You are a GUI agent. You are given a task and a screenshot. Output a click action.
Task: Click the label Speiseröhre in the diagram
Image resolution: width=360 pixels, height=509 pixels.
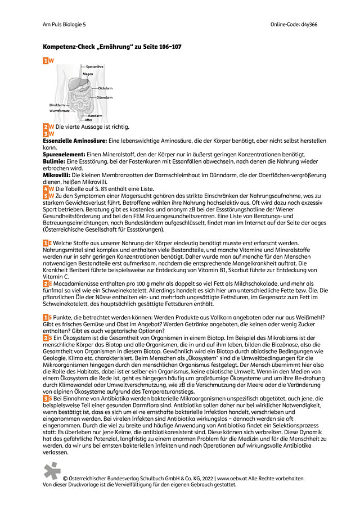pyautogui.click(x=94, y=67)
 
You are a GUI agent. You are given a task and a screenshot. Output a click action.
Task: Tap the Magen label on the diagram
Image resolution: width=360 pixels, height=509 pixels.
pyautogui.click(x=88, y=74)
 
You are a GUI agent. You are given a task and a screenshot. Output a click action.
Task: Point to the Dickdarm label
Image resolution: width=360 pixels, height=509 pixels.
pyautogui.click(x=105, y=88)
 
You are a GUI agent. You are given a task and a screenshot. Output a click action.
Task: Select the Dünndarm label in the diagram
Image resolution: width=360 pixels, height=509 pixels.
pyautogui.click(x=105, y=97)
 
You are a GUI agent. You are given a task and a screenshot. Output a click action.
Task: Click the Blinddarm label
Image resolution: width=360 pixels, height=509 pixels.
pyautogui.click(x=57, y=105)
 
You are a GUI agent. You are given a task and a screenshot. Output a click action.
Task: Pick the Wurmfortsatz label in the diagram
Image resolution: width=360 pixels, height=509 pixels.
pyautogui.click(x=60, y=111)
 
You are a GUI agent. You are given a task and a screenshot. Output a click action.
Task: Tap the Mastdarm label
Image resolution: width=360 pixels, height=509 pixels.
pyautogui.click(x=94, y=116)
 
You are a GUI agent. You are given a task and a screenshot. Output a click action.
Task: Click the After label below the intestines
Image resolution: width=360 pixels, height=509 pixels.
pyautogui.click(x=88, y=120)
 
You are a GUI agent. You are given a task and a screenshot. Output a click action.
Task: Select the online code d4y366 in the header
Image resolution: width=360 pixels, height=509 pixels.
pyautogui.click(x=309, y=25)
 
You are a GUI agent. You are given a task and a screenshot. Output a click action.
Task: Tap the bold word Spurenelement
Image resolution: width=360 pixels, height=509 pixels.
pyautogui.click(x=64, y=154)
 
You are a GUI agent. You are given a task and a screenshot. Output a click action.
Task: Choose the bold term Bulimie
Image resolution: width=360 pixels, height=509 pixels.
pyautogui.click(x=54, y=161)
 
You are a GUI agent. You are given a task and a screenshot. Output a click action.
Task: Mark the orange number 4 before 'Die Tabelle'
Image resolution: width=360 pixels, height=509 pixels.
pyautogui.click(x=46, y=188)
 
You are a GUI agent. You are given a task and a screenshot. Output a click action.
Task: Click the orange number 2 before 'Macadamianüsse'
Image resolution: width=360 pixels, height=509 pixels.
pyautogui.click(x=46, y=283)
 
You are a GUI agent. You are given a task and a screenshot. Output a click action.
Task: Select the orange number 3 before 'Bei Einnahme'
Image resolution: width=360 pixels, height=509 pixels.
pyautogui.click(x=46, y=398)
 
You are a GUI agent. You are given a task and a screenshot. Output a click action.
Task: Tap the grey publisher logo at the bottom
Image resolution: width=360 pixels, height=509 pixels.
pyautogui.click(x=52, y=471)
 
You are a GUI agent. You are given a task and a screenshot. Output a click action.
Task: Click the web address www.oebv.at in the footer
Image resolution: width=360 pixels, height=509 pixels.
pyautogui.click(x=232, y=478)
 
